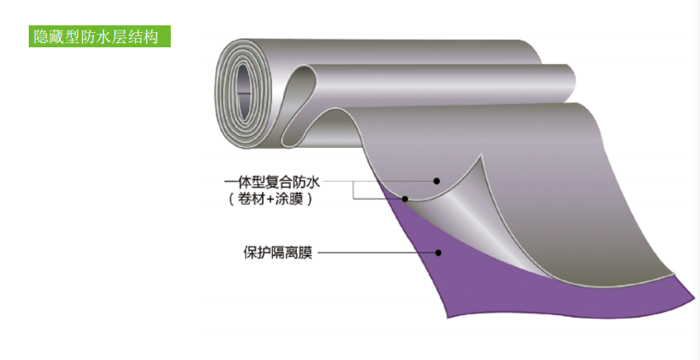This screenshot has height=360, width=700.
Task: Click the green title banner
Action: click(100, 36)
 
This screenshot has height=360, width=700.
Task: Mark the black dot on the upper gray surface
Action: click(437, 181)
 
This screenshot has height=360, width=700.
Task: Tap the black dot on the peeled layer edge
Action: click(406, 199)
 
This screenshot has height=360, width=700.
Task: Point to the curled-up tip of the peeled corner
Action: click(483, 159)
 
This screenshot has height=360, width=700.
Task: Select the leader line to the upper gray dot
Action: click(380, 181)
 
